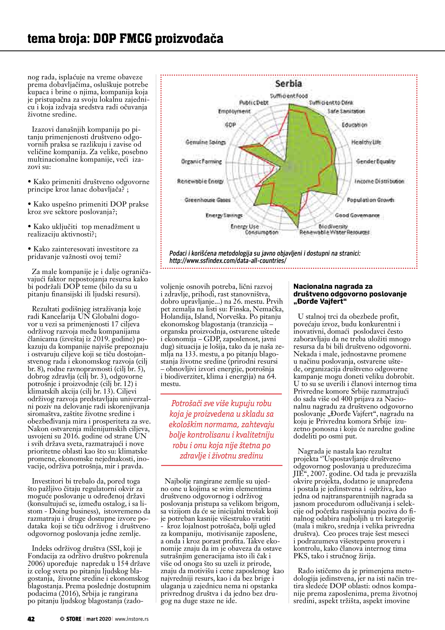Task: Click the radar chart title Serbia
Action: (288, 84)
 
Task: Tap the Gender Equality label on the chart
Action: (376, 161)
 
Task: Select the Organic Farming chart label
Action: (201, 162)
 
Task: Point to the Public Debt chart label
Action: (254, 103)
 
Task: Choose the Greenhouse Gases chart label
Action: (207, 200)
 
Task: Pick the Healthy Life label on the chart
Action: (366, 142)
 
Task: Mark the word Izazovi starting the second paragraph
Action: (44, 129)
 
